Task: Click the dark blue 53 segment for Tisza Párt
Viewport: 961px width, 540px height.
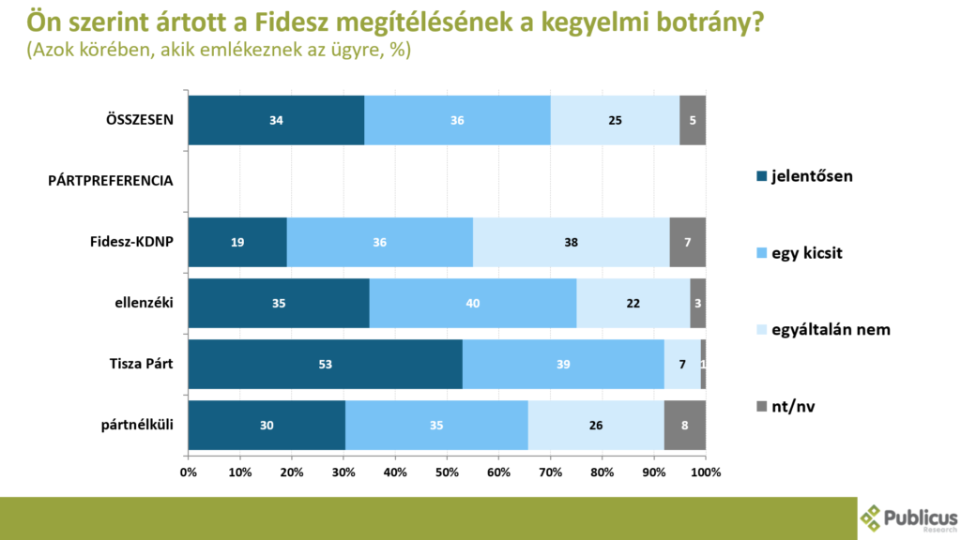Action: click(x=325, y=364)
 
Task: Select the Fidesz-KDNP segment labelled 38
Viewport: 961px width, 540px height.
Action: click(x=571, y=242)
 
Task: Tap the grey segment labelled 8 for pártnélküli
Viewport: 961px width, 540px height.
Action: click(x=684, y=425)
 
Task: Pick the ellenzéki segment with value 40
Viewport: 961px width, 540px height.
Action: click(x=473, y=303)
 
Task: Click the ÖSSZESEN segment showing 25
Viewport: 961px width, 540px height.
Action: click(x=615, y=120)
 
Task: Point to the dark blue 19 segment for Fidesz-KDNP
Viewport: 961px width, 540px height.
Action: click(x=237, y=242)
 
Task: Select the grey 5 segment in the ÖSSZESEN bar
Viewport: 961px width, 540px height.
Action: click(x=693, y=120)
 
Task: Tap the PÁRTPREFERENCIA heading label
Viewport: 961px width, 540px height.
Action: click(x=111, y=181)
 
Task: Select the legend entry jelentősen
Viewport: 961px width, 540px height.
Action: click(x=804, y=176)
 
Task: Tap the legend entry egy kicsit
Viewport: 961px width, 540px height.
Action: click(x=801, y=253)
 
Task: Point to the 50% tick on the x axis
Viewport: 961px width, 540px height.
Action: click(x=447, y=472)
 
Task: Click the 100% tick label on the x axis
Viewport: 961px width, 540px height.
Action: click(x=705, y=472)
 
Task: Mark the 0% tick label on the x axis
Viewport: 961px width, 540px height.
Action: click(x=189, y=472)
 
